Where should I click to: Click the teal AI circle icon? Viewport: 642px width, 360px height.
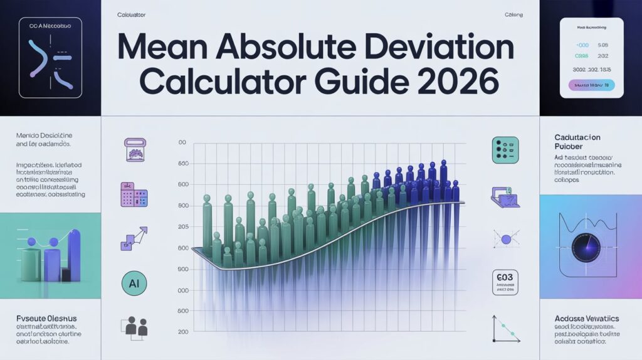point(134,283)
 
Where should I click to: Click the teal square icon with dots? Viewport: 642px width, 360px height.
point(505,151)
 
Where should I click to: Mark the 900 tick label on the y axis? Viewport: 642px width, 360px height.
point(182,269)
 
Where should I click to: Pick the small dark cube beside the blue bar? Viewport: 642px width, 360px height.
point(65,274)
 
